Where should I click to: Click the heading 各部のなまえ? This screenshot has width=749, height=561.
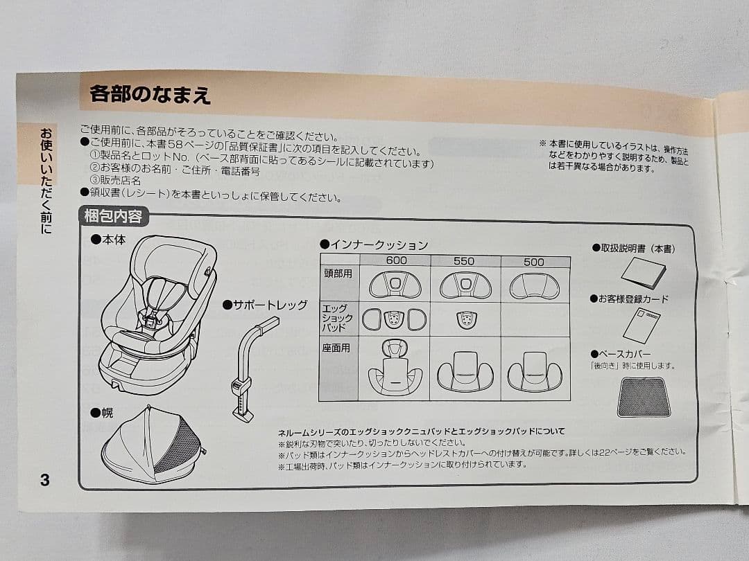pos(150,93)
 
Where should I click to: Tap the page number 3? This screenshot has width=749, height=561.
pos(45,479)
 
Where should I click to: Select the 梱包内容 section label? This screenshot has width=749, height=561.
pos(113,217)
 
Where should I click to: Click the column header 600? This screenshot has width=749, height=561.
pos(396,262)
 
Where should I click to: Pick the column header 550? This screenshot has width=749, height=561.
pos(464,262)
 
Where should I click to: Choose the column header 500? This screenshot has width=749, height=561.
pos(533,262)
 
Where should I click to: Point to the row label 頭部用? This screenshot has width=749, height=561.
pos(338,274)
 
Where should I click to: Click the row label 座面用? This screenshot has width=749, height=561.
pos(336,348)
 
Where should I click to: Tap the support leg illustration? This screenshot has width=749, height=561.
pos(250,374)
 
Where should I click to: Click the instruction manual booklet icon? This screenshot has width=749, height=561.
pos(643,273)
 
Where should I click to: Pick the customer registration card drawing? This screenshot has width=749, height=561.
pos(642,325)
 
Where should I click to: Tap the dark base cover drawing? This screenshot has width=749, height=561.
pos(643,397)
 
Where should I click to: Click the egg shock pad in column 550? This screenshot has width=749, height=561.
pos(466,319)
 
